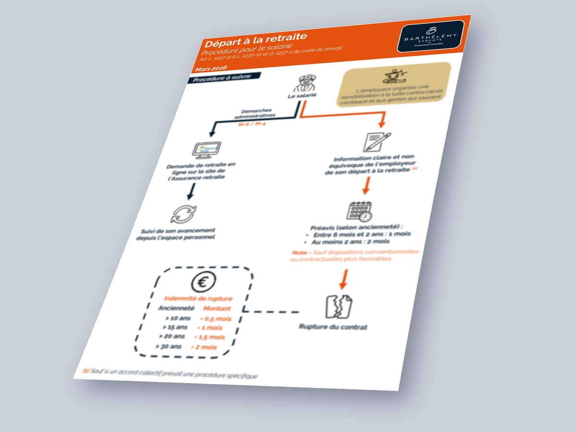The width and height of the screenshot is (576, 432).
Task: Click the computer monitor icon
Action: [x=208, y=149]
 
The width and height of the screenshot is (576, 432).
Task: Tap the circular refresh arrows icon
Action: [x=183, y=214]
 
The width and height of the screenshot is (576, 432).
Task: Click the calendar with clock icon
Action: [x=360, y=211]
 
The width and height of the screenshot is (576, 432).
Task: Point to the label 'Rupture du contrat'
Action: [x=333, y=327]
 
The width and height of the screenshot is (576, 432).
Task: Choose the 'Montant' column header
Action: [x=217, y=309]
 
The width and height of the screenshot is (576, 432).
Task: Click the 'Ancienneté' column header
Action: [x=176, y=308]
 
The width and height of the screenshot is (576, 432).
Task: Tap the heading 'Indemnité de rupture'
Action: [x=198, y=298]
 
